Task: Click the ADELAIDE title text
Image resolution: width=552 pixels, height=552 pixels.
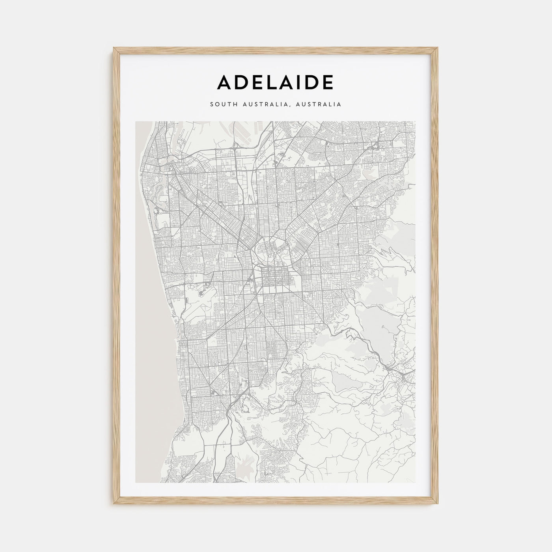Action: (x=276, y=82)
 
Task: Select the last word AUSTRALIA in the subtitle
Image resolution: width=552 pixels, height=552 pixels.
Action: (x=320, y=104)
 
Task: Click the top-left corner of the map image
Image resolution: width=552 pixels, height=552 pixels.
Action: (x=136, y=121)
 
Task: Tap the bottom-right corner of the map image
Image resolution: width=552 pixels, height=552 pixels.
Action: (x=416, y=483)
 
